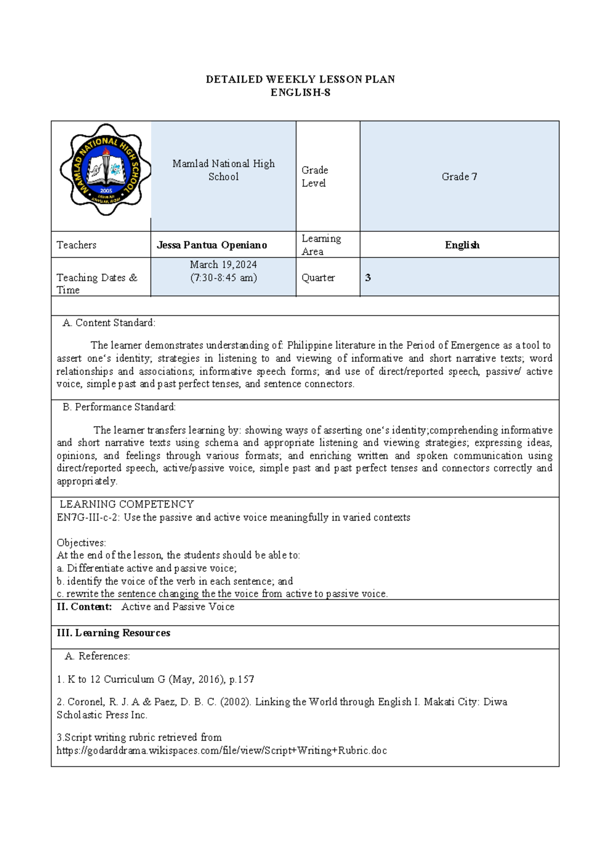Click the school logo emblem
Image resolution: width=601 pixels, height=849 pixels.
coord(106,170)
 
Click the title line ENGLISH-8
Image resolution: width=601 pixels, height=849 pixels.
coord(300,93)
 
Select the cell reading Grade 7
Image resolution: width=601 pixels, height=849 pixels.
coord(459,177)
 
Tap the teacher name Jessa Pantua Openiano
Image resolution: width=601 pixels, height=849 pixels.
coord(212,245)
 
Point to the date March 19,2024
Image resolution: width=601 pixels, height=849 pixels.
coord(223,265)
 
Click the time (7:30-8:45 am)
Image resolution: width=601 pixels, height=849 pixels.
coord(223,278)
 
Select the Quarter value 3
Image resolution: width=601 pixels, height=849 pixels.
coord(368,278)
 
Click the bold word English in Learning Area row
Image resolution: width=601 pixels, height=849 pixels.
coord(462,245)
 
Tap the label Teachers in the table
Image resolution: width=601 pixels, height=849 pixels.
coord(77,245)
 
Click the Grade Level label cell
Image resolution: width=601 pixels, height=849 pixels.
coord(315,177)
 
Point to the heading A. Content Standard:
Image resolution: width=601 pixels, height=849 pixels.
coord(109,323)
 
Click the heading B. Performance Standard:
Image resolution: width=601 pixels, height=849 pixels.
coord(119,407)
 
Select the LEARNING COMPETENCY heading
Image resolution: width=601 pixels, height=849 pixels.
coord(127,504)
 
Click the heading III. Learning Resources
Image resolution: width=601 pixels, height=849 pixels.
coord(114,633)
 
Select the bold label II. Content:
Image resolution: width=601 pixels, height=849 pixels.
coord(84,607)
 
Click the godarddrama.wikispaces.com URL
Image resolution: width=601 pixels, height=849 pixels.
coord(221,750)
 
